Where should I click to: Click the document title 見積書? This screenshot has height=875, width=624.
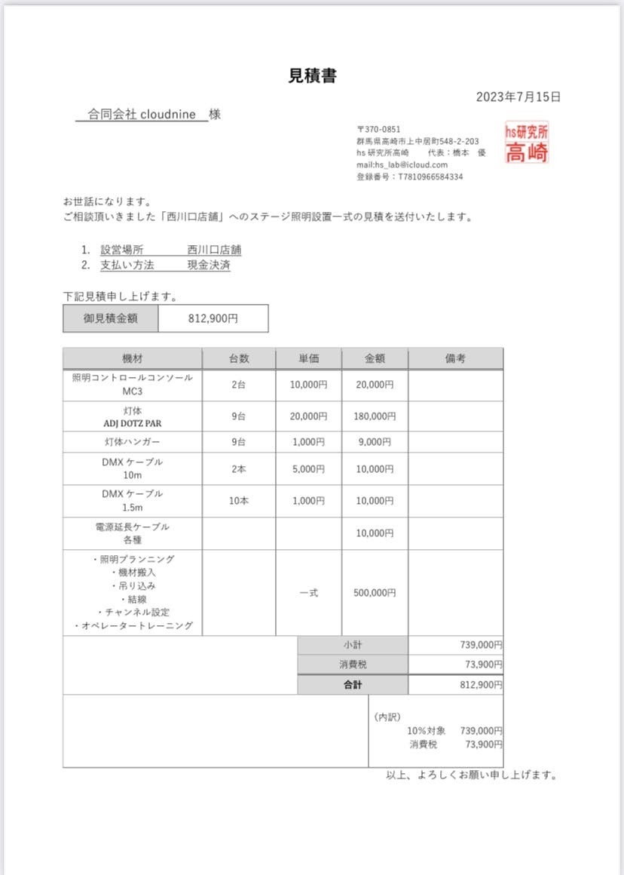click(x=312, y=75)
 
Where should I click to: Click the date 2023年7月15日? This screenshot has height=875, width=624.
click(x=518, y=97)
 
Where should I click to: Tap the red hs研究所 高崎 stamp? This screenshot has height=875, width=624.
click(x=527, y=143)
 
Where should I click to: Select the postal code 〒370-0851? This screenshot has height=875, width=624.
click(x=379, y=130)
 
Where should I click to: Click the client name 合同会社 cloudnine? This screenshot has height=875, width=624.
click(x=142, y=115)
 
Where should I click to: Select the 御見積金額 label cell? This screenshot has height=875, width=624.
click(x=111, y=318)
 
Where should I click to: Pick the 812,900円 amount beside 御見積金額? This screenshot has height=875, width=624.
click(x=213, y=318)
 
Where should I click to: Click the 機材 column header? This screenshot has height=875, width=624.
click(x=133, y=358)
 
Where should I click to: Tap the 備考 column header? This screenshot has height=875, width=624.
click(x=455, y=358)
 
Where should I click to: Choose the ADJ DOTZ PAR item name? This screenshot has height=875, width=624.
click(x=133, y=423)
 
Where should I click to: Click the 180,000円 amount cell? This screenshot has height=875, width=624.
click(x=375, y=416)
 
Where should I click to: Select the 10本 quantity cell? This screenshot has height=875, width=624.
click(x=239, y=501)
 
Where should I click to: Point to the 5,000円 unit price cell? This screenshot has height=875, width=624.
click(x=308, y=468)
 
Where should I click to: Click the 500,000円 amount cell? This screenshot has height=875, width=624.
click(x=375, y=593)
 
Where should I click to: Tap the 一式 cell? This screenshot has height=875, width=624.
click(x=308, y=593)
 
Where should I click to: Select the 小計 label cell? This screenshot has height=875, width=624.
click(x=353, y=645)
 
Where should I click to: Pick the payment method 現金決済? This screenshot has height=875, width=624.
click(x=209, y=266)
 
